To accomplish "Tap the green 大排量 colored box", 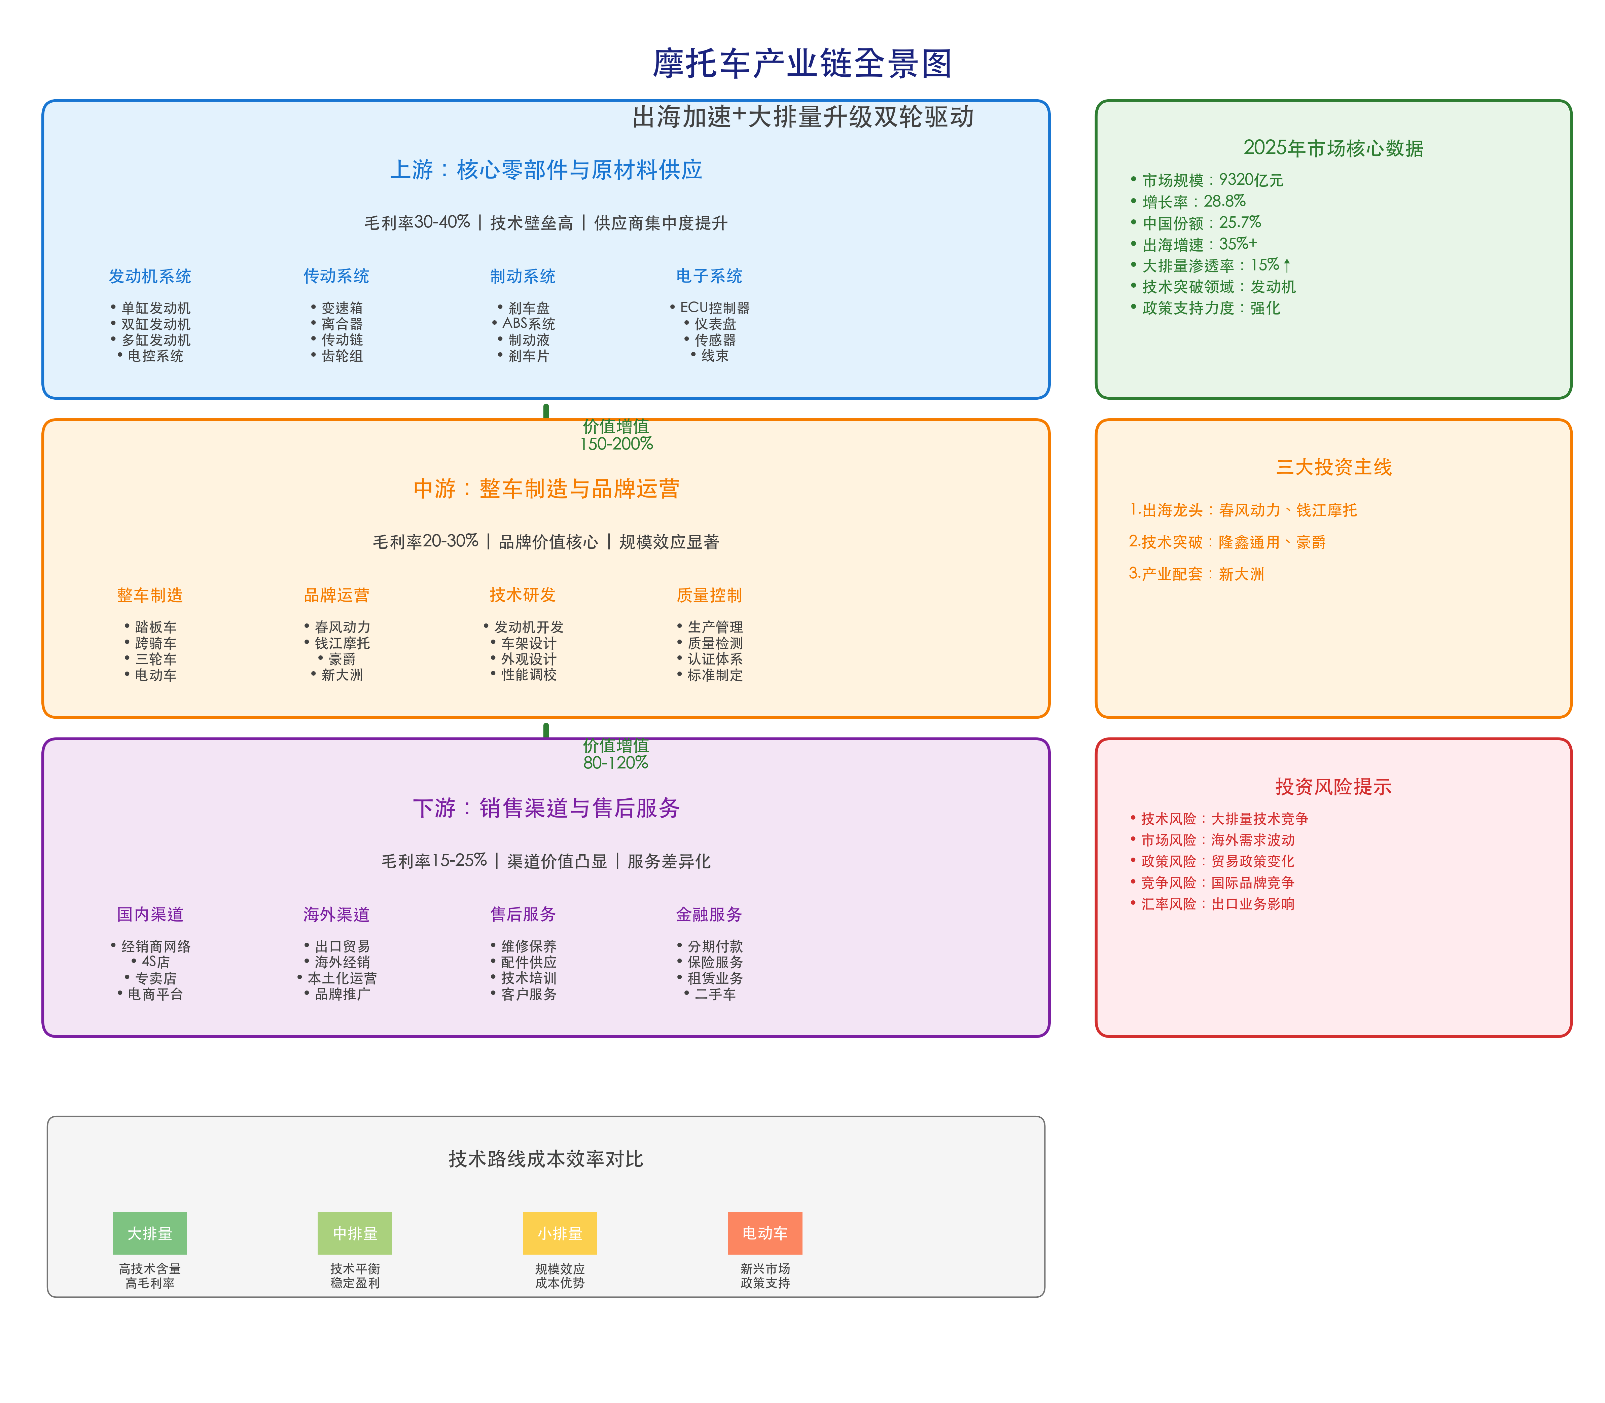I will pos(149,1233).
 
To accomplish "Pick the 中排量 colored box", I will pos(355,1233).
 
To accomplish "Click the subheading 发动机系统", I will pos(149,276).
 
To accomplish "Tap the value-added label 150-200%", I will pos(616,444).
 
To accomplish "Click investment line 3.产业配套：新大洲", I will pos(1196,574).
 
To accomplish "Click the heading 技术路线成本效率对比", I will pos(546,1159).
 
